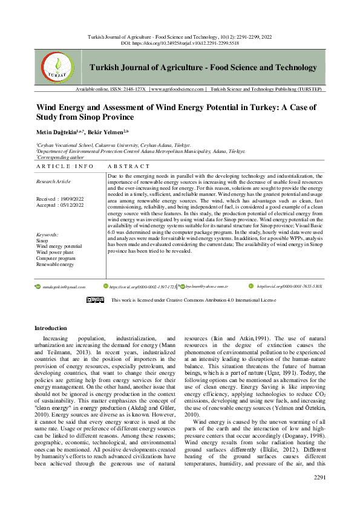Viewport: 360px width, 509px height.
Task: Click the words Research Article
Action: point(54,181)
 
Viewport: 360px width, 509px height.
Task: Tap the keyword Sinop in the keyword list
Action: point(42,240)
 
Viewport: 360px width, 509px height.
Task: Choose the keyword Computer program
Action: point(56,258)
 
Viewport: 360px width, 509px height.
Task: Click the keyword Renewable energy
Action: point(55,264)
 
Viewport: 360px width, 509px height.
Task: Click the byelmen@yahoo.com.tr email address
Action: point(206,287)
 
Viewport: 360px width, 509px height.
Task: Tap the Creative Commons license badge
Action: point(95,300)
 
